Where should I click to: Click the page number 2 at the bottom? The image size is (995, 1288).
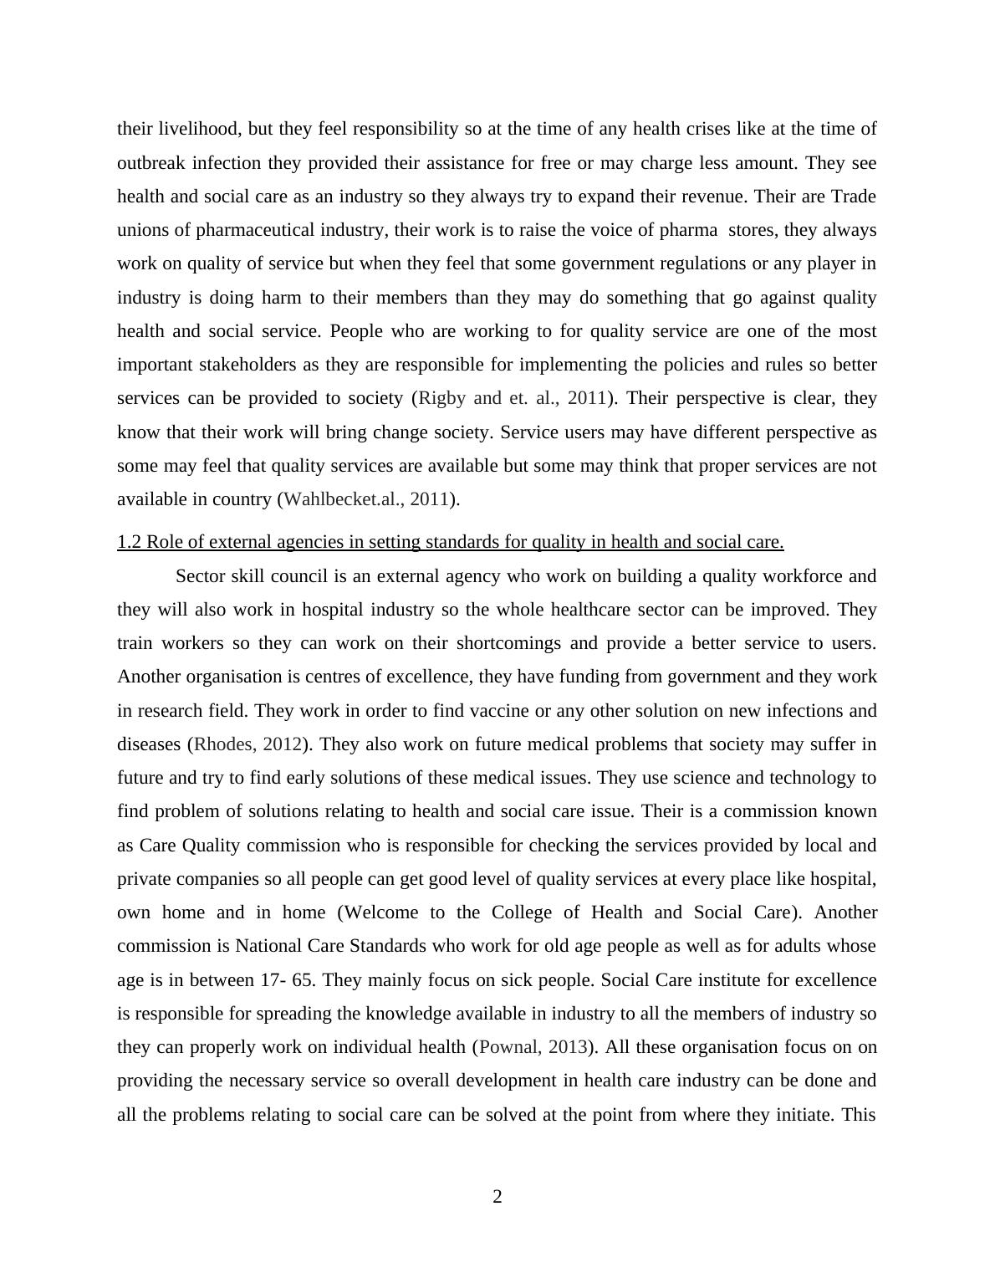[497, 1197]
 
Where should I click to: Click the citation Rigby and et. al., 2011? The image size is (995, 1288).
[512, 398]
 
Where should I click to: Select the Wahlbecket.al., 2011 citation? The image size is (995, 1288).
[367, 499]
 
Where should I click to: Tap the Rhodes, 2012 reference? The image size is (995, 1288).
[247, 744]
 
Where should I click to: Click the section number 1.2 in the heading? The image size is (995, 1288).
[129, 542]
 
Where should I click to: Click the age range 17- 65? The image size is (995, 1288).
[288, 979]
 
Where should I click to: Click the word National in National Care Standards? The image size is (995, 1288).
[267, 946]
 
